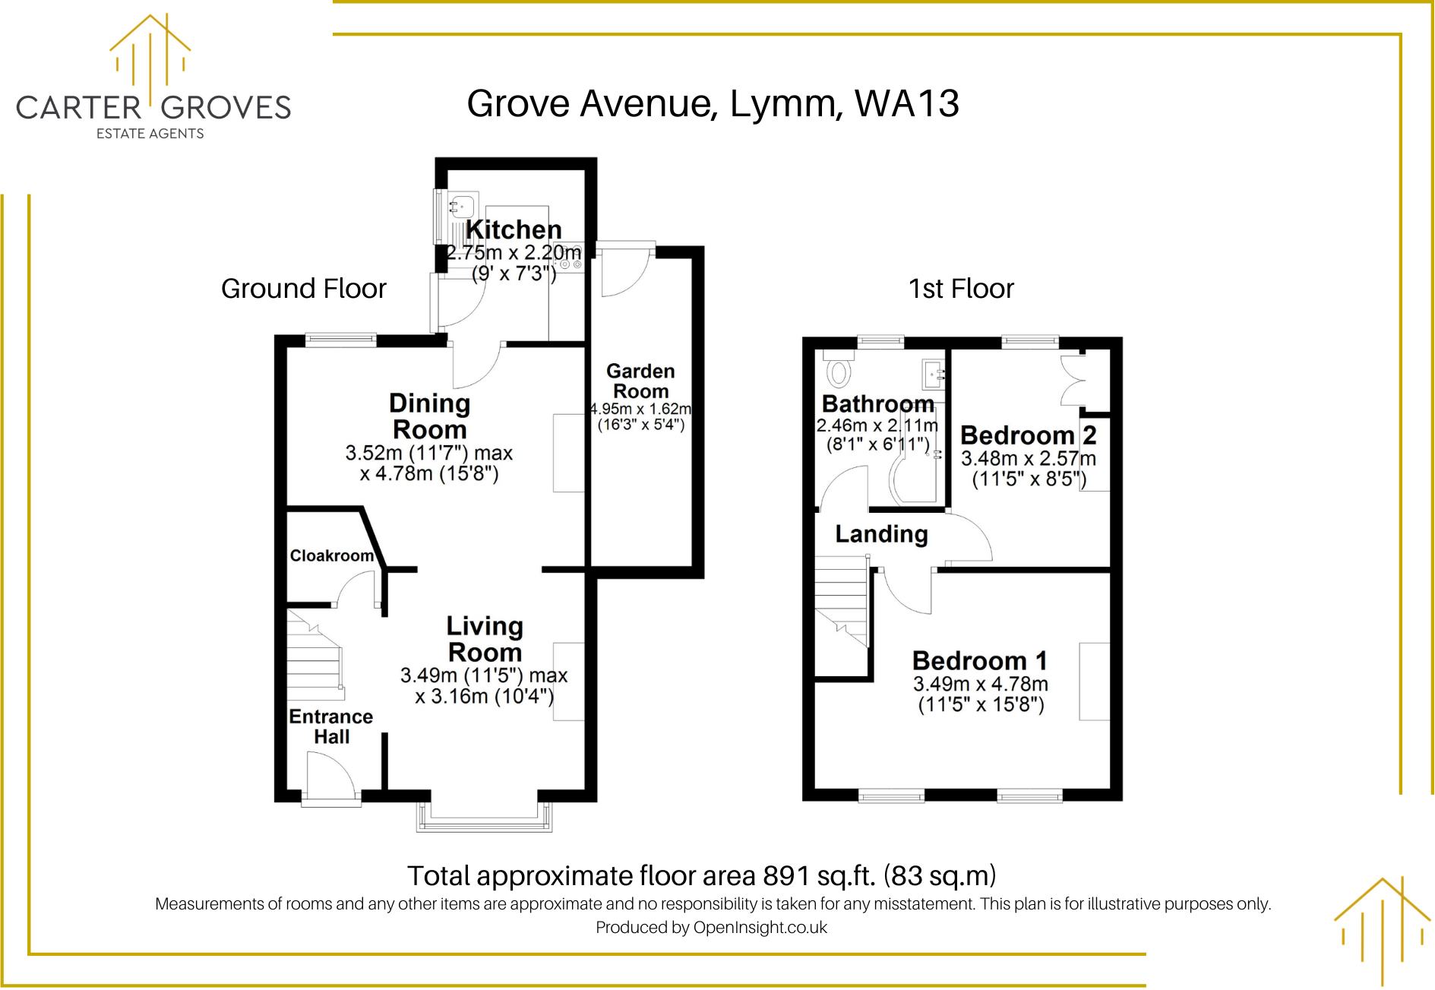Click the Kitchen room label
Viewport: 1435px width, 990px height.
tap(514, 229)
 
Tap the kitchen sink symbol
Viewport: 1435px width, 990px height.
tap(461, 206)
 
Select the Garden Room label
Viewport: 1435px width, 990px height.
tap(640, 381)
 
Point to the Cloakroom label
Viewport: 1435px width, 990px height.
tap(331, 555)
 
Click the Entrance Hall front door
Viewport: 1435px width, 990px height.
tap(330, 777)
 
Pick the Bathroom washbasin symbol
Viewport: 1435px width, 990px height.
tap(933, 374)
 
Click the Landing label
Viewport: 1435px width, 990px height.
tap(881, 534)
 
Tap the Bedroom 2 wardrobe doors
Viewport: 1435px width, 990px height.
tap(1073, 379)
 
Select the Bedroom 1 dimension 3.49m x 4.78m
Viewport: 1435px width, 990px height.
tap(980, 684)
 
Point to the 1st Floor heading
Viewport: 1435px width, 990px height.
tap(961, 289)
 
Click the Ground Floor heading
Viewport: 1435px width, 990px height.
tap(303, 289)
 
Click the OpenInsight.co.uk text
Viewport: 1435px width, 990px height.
tap(760, 927)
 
